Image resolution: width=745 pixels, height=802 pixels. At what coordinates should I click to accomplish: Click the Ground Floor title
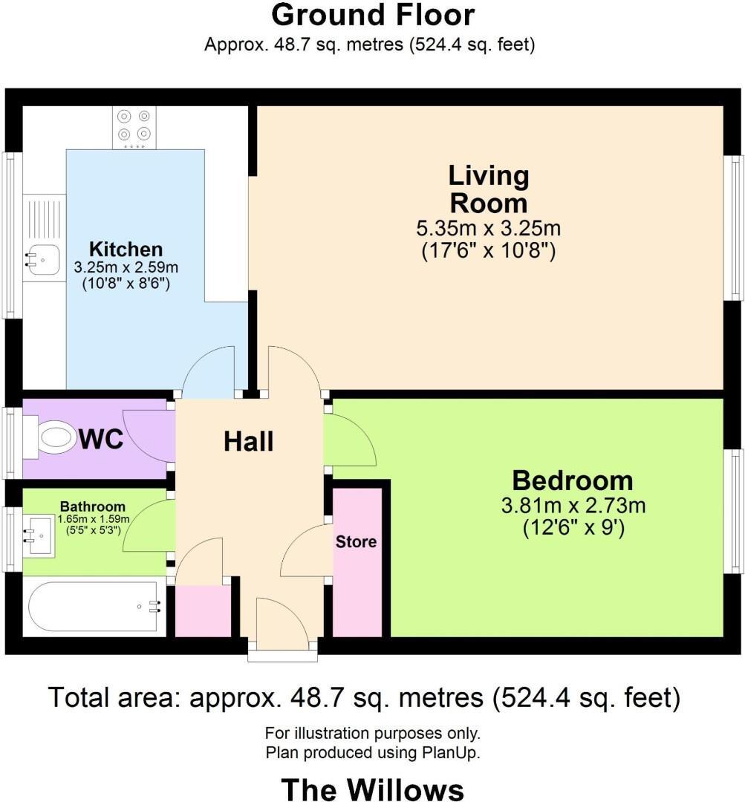(373, 16)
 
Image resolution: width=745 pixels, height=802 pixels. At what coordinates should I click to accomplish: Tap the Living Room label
(489, 189)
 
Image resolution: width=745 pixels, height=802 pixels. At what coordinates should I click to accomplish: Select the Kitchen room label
(126, 249)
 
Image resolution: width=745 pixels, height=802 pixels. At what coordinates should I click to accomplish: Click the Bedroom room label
(573, 480)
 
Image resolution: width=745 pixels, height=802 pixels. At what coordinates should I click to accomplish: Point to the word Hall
(249, 441)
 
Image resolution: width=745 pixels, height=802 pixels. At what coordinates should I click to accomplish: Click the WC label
(101, 439)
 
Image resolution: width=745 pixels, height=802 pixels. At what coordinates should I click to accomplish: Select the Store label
(356, 541)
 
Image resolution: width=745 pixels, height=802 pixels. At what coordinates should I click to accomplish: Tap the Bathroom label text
(93, 506)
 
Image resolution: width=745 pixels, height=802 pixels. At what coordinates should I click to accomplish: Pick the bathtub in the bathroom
(94, 607)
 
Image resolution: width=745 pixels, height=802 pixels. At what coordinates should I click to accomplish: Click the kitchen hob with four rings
(134, 128)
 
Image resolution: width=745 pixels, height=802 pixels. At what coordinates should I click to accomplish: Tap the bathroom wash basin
(39, 537)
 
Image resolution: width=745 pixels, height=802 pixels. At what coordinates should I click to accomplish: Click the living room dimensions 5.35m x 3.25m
(489, 228)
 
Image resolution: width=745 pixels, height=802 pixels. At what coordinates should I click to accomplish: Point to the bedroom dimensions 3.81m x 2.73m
(573, 506)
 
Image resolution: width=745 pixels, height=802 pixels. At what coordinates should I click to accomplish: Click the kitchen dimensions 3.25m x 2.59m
(126, 267)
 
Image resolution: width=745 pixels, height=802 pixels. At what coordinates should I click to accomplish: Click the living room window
(734, 227)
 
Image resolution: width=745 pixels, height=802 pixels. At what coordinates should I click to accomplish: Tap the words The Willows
(373, 789)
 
